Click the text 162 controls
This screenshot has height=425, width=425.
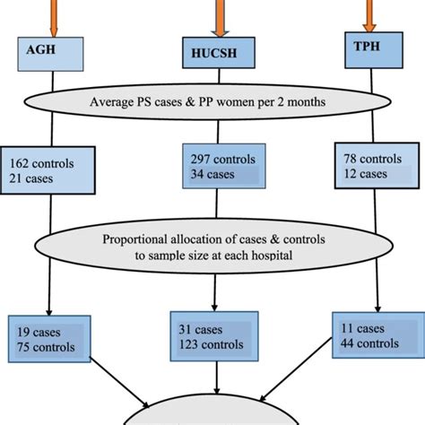point(42,164)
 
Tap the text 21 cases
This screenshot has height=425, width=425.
point(31,179)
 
